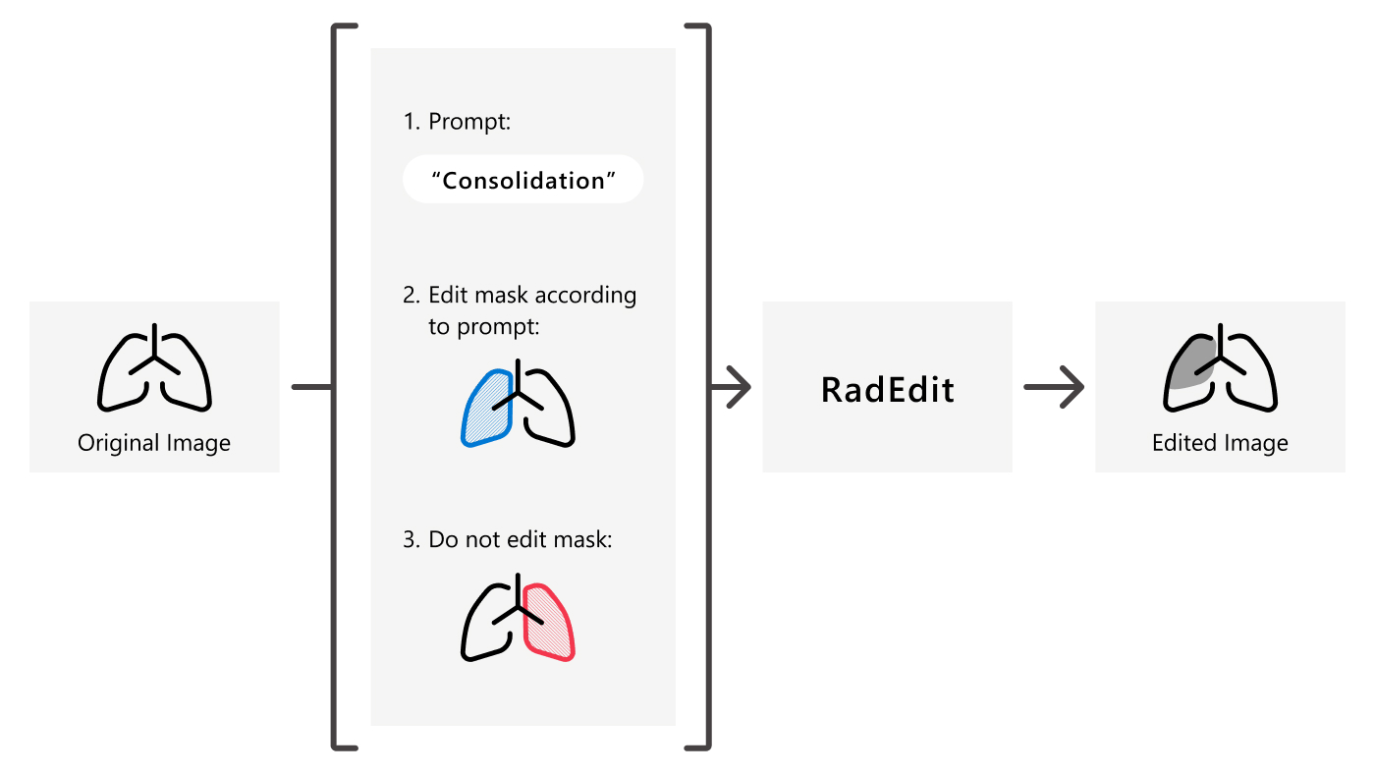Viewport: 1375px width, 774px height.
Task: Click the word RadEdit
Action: point(887,390)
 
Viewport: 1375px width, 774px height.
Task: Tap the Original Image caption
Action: point(154,443)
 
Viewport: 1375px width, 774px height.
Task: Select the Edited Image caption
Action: point(1220,443)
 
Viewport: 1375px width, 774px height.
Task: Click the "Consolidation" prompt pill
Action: point(522,180)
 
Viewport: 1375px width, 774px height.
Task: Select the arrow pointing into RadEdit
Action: point(732,387)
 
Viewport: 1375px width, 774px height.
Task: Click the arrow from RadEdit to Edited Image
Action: point(1054,387)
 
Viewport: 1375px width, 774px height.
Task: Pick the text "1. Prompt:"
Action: point(458,122)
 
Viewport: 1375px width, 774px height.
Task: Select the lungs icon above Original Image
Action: point(154,370)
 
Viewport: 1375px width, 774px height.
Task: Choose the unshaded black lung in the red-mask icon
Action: point(486,628)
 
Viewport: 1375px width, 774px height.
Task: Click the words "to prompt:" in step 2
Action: point(484,326)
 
